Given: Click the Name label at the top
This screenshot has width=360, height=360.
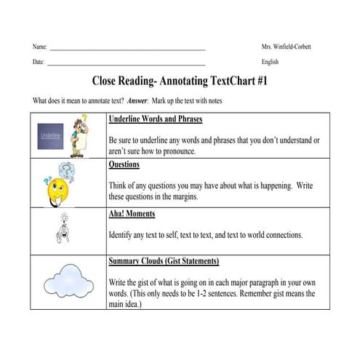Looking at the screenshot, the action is (x=39, y=47).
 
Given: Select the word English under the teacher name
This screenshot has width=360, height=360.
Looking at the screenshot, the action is (x=270, y=63).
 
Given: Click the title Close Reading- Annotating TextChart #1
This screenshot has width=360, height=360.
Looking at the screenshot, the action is (x=180, y=81).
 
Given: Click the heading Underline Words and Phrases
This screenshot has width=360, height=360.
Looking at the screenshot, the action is (x=155, y=119).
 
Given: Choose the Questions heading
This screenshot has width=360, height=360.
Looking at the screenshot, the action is (x=124, y=165).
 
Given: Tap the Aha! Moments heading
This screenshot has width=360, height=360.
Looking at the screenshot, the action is (x=132, y=215).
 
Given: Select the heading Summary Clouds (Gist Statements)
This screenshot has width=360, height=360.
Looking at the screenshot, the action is (x=164, y=261).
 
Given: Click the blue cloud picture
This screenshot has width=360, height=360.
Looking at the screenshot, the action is (x=65, y=281).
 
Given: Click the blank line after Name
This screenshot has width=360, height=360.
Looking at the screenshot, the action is (x=127, y=49).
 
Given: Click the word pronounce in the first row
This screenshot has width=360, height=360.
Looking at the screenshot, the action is (x=177, y=151).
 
